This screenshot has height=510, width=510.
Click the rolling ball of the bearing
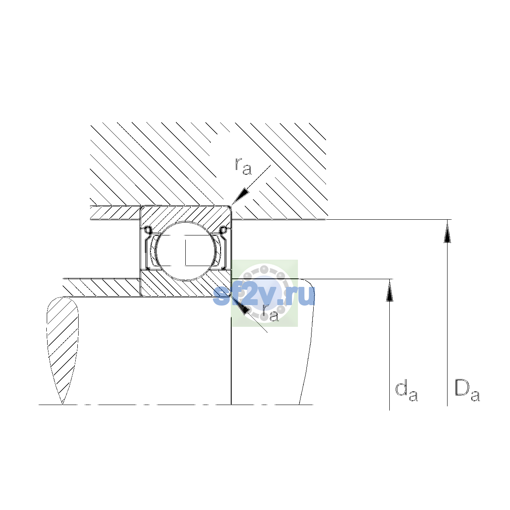coord(186,251)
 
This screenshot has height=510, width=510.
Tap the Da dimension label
coord(467,391)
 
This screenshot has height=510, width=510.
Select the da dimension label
coord(406,392)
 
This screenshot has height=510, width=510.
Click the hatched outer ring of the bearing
coord(185,216)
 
